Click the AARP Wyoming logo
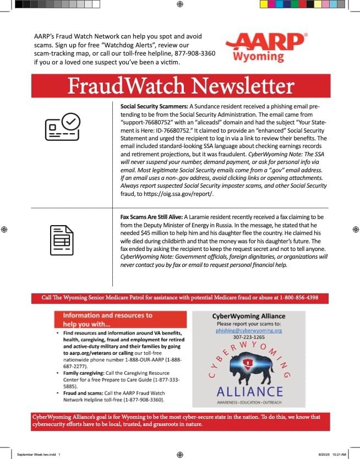click(266, 47)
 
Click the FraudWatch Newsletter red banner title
click(181, 86)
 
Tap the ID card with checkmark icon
click(62, 127)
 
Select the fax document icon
click(62, 240)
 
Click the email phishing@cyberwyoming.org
click(249, 331)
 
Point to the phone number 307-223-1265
click(249, 337)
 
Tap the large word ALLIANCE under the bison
click(249, 391)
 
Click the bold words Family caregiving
click(83, 373)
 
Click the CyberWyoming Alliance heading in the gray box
click(249, 316)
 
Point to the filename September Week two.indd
click(35, 455)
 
